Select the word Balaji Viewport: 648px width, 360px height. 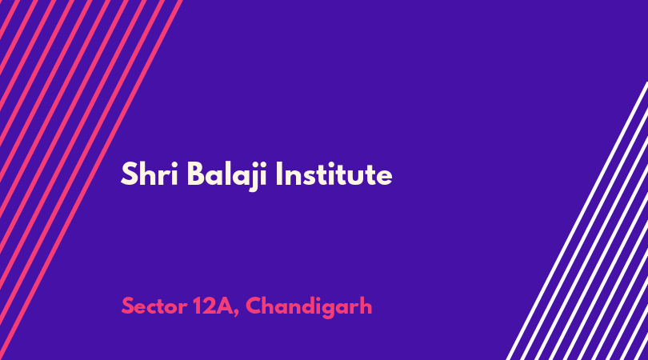228,177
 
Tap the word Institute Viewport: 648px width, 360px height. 334,174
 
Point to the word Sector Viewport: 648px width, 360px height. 154,306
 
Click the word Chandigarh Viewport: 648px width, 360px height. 309,307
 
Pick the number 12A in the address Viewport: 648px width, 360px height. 213,306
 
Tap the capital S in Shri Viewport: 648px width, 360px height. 129,174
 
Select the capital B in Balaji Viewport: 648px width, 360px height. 196,174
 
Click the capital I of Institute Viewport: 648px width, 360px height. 279,174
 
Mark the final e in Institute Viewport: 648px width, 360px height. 383,178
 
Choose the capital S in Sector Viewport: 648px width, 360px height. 128,306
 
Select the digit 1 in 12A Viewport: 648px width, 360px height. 197,306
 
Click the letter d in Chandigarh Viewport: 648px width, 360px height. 306,306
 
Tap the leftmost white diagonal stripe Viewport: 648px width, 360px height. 578,221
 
